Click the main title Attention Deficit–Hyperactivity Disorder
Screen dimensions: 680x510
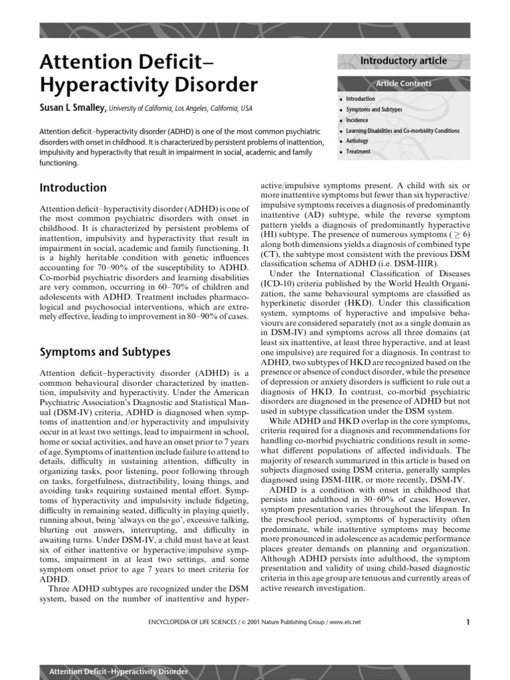[148, 74]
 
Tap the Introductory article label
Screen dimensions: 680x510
[403, 61]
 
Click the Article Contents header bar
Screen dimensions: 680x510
[403, 84]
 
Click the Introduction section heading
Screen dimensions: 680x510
[73, 188]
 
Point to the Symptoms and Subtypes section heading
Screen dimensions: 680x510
[105, 352]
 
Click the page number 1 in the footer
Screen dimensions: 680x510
[467, 622]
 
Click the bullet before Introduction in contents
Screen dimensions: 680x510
[341, 100]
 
